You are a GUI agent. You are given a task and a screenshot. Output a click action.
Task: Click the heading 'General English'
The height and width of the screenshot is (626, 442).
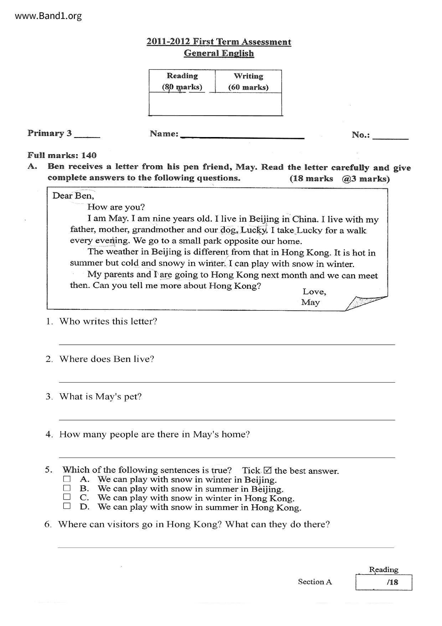point(219,53)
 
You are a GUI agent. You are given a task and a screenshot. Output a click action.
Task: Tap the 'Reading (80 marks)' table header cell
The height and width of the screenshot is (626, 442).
point(182,81)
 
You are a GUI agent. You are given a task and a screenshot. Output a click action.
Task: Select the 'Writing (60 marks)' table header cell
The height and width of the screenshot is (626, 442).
point(248,81)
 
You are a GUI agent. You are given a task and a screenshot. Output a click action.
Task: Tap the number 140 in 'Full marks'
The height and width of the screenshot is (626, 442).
point(89,156)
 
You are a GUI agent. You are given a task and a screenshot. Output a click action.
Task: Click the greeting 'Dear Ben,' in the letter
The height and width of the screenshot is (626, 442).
point(73,196)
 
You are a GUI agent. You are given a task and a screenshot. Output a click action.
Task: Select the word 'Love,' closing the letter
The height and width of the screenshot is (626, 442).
point(314,292)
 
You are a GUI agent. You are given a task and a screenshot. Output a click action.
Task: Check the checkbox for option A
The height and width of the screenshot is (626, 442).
point(67,479)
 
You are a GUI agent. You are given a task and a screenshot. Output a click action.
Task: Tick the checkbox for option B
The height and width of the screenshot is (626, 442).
point(67,488)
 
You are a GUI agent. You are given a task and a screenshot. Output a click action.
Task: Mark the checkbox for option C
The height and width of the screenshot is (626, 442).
point(67,497)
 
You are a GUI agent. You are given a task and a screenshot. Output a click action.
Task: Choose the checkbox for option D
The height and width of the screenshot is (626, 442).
point(67,506)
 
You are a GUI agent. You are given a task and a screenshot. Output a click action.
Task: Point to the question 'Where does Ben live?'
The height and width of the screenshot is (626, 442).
point(107,359)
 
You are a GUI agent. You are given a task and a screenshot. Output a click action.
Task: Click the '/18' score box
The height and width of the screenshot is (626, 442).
point(384,582)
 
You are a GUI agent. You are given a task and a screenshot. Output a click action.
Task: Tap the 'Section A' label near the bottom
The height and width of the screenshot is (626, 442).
point(315,582)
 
